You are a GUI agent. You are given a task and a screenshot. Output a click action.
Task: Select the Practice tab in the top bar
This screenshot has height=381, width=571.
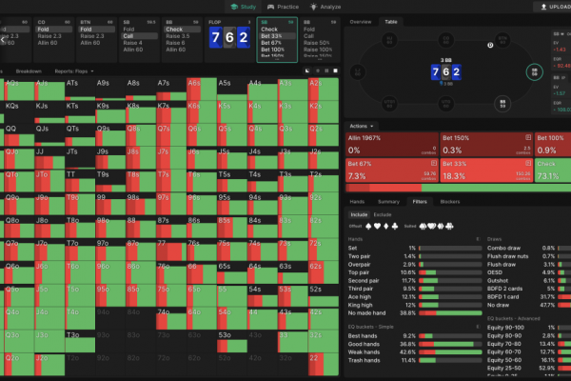[283, 7]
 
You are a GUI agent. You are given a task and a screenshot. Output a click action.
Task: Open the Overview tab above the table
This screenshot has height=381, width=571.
[361, 21]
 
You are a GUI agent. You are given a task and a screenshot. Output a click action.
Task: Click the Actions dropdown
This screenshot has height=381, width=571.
[362, 126]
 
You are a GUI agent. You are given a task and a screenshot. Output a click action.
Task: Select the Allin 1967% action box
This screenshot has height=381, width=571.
[391, 144]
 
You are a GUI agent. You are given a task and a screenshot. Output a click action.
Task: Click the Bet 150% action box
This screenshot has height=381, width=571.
[485, 144]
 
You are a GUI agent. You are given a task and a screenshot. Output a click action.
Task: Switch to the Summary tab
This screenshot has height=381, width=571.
[388, 202]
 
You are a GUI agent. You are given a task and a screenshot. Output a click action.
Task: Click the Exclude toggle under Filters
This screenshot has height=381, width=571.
[383, 215]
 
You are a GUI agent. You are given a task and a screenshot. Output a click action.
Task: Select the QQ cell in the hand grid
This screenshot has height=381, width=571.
[11, 128]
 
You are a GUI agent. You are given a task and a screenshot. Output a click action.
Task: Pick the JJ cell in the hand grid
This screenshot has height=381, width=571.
[42, 150]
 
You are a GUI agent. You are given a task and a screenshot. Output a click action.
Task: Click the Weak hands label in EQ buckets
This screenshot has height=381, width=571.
[365, 352]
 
